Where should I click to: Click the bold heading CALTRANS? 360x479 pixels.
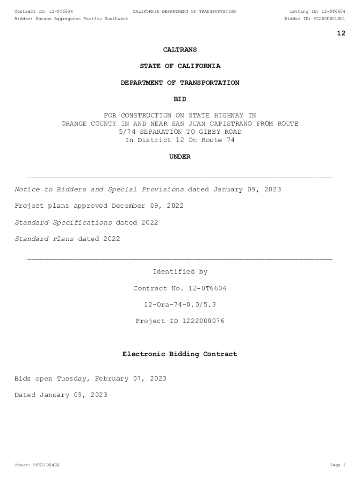tap(180, 50)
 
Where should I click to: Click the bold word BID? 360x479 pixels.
tap(180, 99)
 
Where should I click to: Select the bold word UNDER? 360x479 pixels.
tap(180, 157)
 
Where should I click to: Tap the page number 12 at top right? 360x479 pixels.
tap(341, 33)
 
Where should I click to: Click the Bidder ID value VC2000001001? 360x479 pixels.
tap(329, 19)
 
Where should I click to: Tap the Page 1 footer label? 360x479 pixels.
tap(337, 465)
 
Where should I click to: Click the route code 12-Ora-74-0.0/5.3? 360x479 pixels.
tap(180, 305)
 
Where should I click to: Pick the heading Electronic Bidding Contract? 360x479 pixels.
tap(180, 355)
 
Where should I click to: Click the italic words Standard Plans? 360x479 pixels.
tap(44, 239)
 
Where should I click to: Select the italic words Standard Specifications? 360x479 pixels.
tap(64, 223)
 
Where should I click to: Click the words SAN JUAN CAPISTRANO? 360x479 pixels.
tap(214, 124)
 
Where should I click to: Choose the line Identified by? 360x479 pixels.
tap(180, 272)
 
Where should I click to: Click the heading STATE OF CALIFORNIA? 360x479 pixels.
tap(180, 66)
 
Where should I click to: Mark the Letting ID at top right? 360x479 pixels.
tap(317, 11)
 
